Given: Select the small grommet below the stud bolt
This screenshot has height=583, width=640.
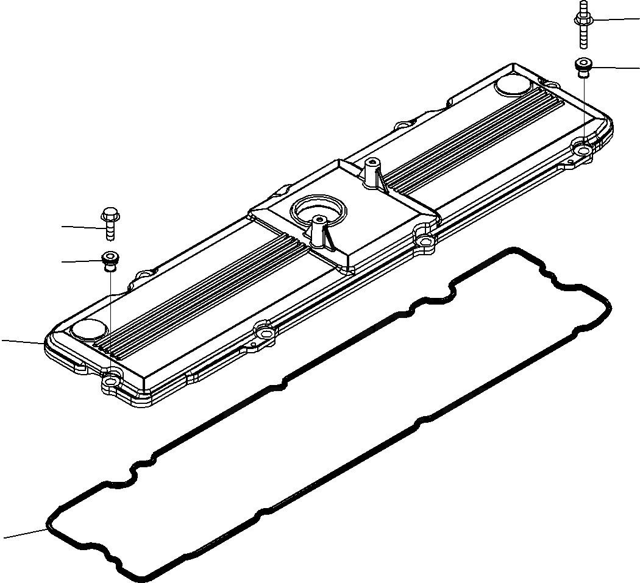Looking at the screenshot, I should [x=583, y=68].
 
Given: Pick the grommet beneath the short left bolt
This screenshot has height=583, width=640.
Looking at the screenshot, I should [x=110, y=260].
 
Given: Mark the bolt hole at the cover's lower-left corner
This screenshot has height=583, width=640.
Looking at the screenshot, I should [x=110, y=383].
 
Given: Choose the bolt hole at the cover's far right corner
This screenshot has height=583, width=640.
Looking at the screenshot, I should [x=583, y=148].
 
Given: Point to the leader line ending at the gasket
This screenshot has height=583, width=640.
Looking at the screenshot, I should [x=24, y=534].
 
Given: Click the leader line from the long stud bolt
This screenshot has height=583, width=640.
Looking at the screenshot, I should [x=616, y=20].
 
